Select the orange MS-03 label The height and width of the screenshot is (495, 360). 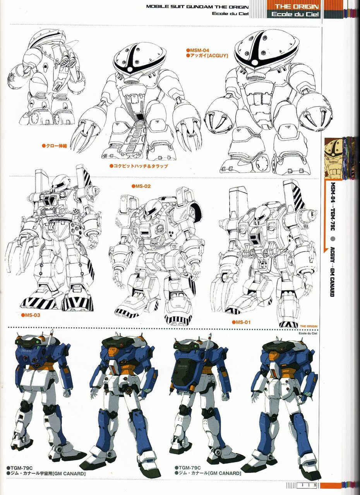click(31, 315)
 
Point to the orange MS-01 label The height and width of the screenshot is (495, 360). click(241, 322)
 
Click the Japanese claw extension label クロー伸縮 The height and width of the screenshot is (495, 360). click(55, 146)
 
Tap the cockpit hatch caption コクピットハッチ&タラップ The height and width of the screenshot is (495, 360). click(139, 166)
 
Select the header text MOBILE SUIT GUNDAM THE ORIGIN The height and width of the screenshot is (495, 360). click(197, 7)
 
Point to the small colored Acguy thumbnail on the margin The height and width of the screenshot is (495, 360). click(333, 158)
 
